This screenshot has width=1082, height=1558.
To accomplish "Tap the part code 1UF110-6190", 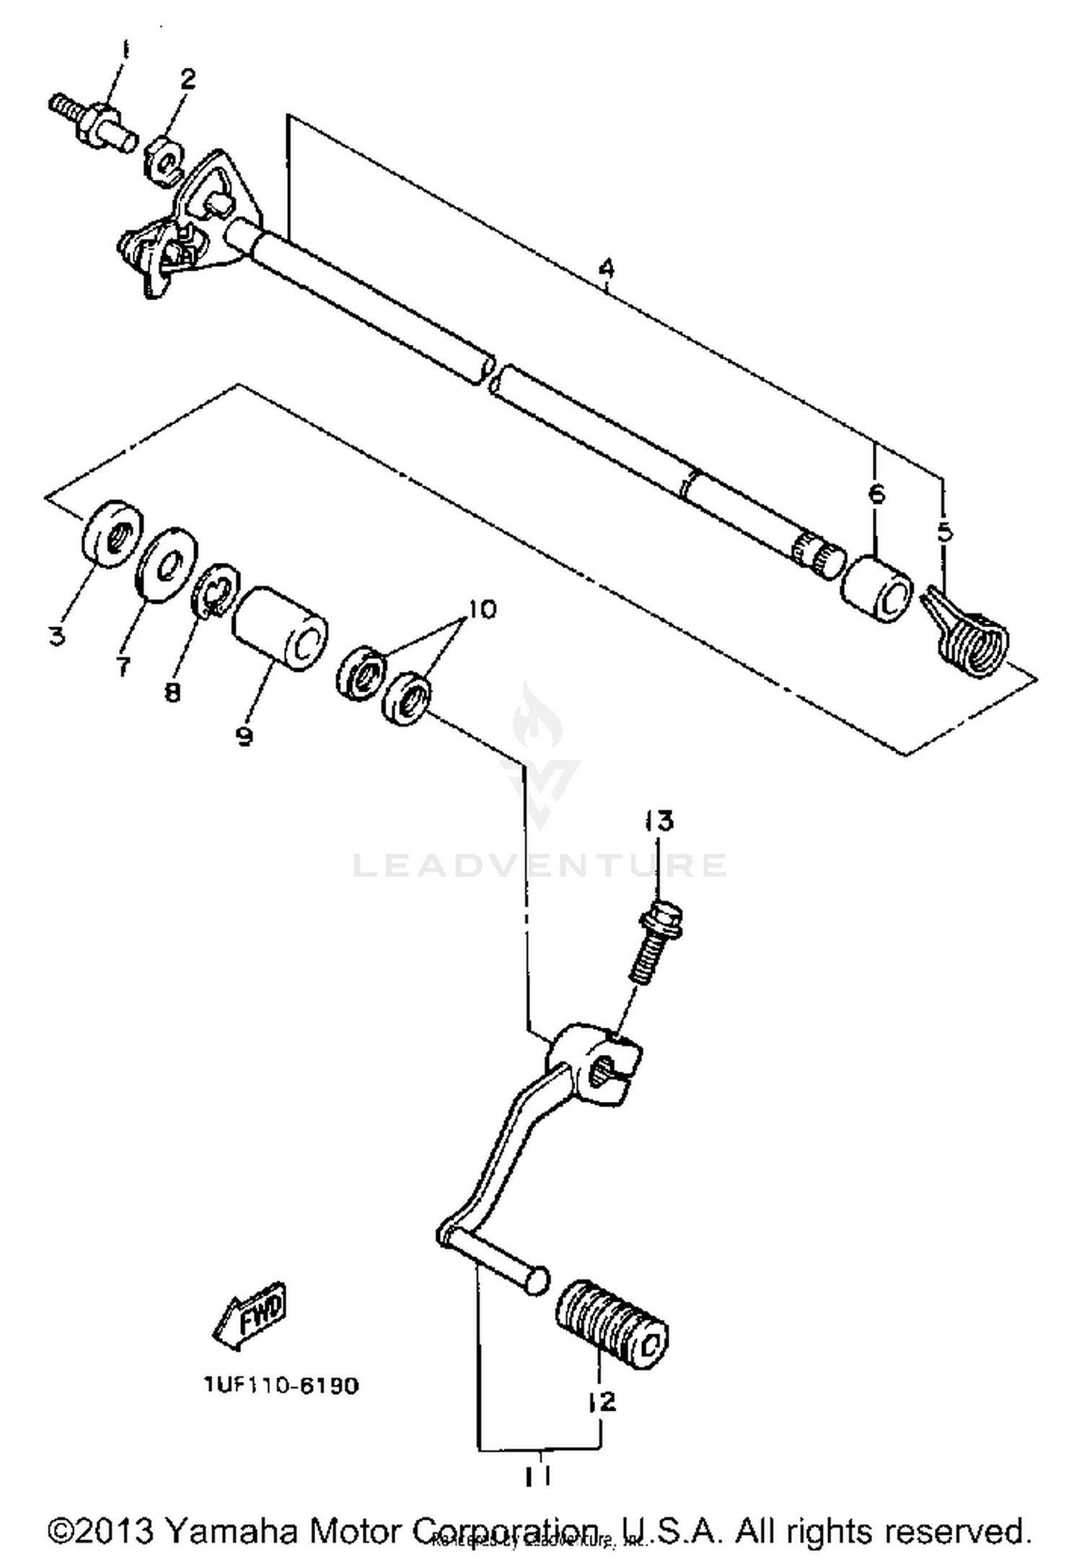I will [281, 1386].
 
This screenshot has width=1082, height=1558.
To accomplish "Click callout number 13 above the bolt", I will [659, 820].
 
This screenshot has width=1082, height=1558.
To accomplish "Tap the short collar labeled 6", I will [876, 588].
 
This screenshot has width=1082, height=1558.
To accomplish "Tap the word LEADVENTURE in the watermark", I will [540, 865].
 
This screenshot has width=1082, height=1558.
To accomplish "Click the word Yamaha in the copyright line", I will [229, 1530].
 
